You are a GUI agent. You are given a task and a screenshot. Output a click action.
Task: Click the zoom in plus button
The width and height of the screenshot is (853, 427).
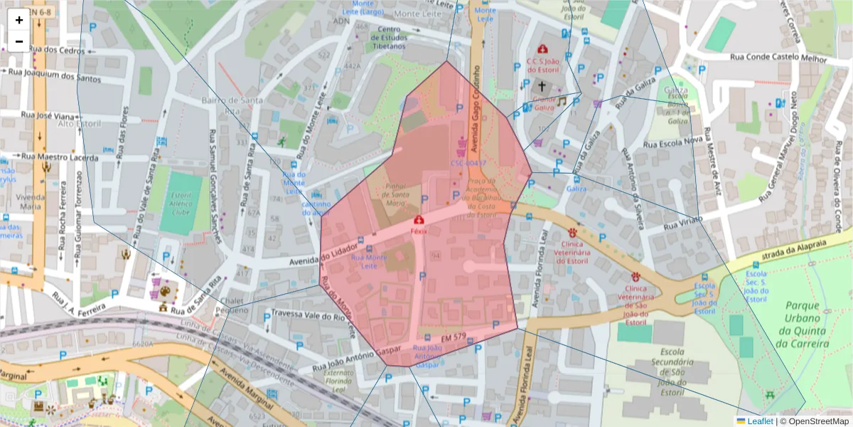tap(19, 20)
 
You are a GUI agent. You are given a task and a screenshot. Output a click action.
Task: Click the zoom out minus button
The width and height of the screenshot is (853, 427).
tap(19, 41)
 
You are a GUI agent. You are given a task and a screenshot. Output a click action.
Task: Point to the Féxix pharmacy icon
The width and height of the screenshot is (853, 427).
tap(419, 221)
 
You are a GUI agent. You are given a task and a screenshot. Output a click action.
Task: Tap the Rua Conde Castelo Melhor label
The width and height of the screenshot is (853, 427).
tap(778, 58)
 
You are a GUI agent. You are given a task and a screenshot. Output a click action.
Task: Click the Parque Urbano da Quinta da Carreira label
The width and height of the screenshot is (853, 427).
tap(803, 325)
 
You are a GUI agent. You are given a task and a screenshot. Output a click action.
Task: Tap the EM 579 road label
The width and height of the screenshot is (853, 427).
tap(452, 336)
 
